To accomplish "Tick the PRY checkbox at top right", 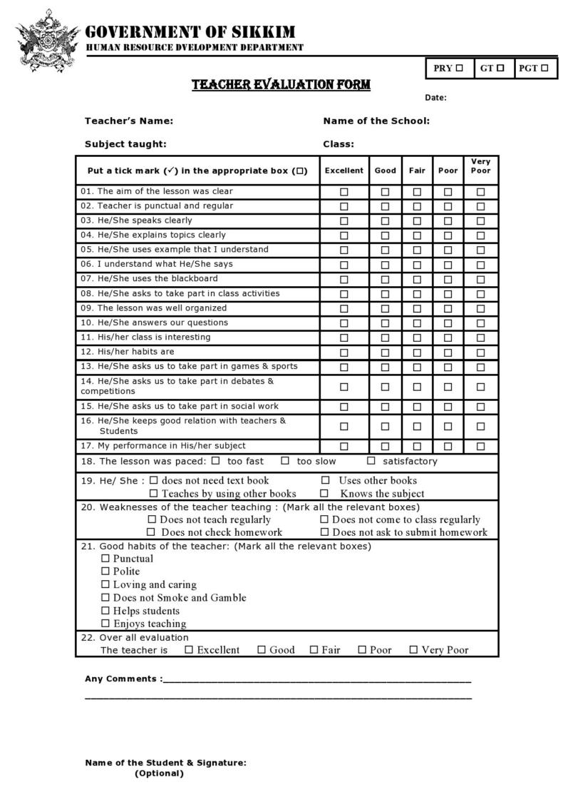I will (x=460, y=68).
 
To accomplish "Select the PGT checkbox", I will (x=544, y=68).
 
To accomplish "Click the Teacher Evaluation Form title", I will (x=281, y=85).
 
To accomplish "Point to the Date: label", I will (x=435, y=98).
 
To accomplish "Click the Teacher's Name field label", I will (x=129, y=121).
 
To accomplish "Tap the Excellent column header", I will (x=344, y=171).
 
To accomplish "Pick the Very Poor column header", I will (x=481, y=166).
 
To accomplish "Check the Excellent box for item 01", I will (x=344, y=192).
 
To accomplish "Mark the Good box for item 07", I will (x=385, y=280).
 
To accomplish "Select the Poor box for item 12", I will (x=448, y=352).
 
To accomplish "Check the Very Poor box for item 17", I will (x=481, y=447).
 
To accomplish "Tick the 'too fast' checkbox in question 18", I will (x=216, y=461).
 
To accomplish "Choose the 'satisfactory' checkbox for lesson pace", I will (x=371, y=461).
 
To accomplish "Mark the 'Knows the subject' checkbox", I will (x=324, y=493).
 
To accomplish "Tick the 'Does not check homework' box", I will (x=151, y=532).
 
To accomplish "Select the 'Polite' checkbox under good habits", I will (x=105, y=572).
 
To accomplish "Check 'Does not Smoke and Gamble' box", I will (x=105, y=598).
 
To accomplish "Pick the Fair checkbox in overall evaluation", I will (x=314, y=650).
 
